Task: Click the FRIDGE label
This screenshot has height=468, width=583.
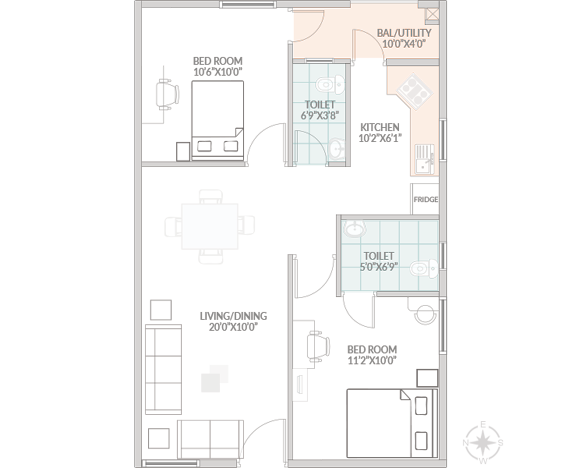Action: click(x=426, y=199)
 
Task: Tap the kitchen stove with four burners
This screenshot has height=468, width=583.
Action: click(x=415, y=91)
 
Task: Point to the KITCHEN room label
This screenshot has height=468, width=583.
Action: click(x=380, y=127)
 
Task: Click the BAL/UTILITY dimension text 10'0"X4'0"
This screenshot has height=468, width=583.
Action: click(x=404, y=44)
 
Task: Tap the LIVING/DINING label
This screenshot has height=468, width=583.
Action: click(x=233, y=316)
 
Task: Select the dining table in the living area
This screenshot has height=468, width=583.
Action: click(x=210, y=226)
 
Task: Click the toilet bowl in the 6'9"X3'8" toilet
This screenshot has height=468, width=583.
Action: click(x=330, y=85)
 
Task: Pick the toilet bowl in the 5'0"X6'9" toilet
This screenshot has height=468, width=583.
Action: click(x=424, y=269)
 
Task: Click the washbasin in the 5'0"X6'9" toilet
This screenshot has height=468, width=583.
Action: click(x=355, y=229)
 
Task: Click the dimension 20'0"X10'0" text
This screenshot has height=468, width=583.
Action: click(x=233, y=327)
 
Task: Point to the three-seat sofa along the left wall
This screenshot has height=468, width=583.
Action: click(x=163, y=369)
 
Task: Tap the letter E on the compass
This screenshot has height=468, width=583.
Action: click(x=483, y=425)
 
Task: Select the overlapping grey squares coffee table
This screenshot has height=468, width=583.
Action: click(x=215, y=378)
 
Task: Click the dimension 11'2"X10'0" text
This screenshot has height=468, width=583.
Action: click(x=372, y=360)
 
